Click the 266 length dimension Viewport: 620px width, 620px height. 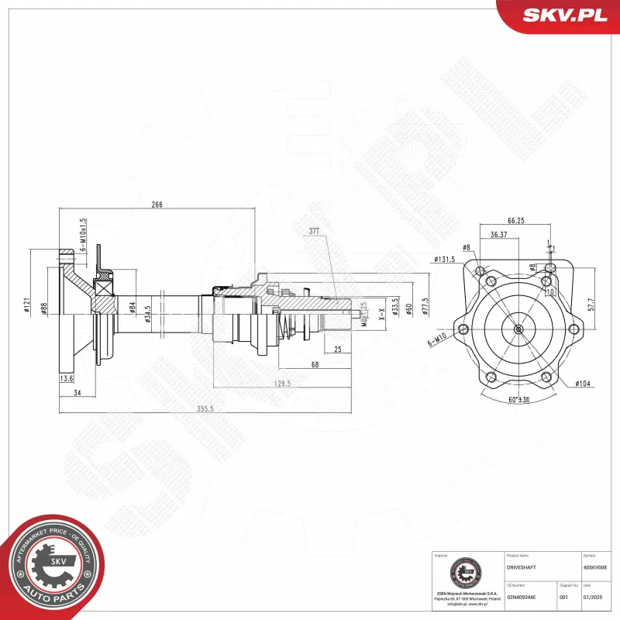click(157, 205)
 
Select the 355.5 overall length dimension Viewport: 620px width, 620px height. click(205, 409)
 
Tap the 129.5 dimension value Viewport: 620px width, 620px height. click(282, 383)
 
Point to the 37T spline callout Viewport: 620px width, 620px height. click(314, 232)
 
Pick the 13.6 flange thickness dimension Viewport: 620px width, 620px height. click(67, 379)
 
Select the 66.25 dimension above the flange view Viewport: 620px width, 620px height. click(515, 221)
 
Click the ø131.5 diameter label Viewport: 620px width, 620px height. click(445, 259)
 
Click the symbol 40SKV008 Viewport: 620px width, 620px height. click(595, 567)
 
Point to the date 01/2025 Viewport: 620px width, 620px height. click(593, 597)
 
